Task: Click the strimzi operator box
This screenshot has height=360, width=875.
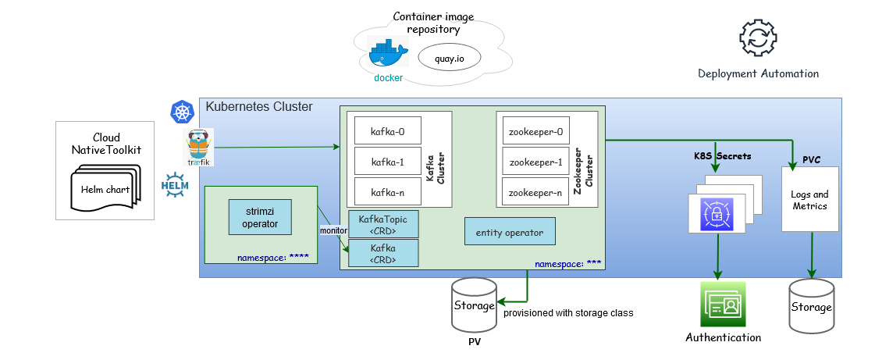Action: click(x=261, y=216)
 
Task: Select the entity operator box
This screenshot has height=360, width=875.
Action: click(x=510, y=232)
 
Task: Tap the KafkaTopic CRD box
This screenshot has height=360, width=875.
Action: click(x=383, y=224)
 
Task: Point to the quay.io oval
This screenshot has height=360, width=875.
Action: click(x=450, y=57)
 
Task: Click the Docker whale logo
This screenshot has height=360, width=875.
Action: click(x=388, y=55)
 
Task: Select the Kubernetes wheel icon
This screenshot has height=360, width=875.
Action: click(x=183, y=112)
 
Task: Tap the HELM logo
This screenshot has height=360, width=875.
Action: click(x=175, y=184)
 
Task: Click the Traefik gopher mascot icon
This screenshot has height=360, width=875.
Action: click(x=199, y=146)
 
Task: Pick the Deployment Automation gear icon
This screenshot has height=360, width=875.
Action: click(x=757, y=37)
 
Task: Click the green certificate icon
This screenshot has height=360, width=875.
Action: click(x=723, y=304)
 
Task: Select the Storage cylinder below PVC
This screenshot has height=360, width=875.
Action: click(x=812, y=304)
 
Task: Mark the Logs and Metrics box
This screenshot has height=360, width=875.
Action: click(x=810, y=199)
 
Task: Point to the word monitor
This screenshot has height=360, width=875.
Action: click(x=333, y=230)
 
